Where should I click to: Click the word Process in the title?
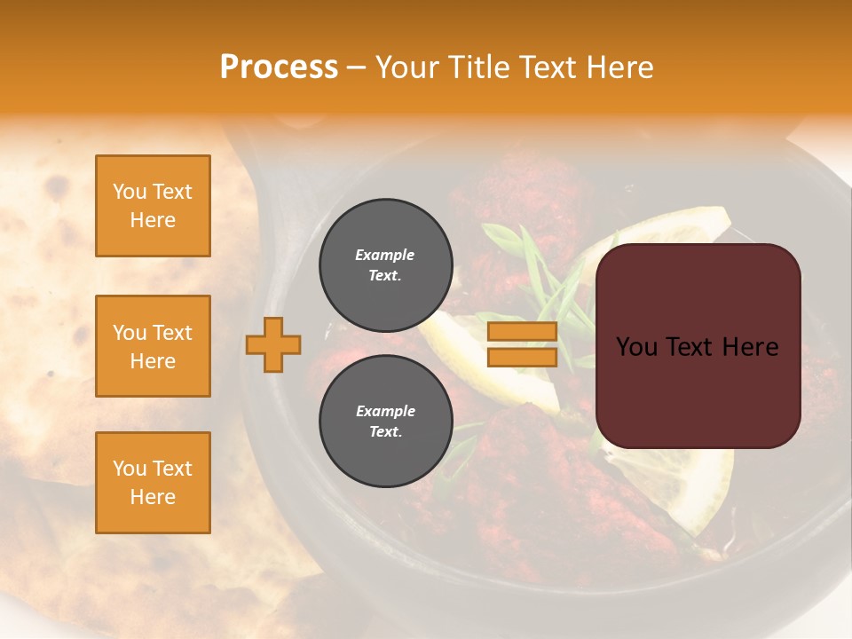coord(279,67)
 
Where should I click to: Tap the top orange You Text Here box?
coord(153,206)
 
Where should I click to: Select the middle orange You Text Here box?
coord(153,346)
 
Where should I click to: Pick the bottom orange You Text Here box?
coord(153,483)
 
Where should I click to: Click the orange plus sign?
coord(273,344)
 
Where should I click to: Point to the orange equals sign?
coord(523,344)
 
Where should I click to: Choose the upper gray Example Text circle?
coord(385,264)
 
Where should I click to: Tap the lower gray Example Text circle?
coord(385,421)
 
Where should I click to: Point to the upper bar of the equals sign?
coord(523,332)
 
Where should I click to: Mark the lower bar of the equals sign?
coord(523,357)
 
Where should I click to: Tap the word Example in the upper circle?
coord(384,255)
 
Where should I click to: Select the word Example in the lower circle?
coord(385,411)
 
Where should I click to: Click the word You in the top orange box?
coord(130,192)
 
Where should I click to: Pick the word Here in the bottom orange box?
coord(153,497)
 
